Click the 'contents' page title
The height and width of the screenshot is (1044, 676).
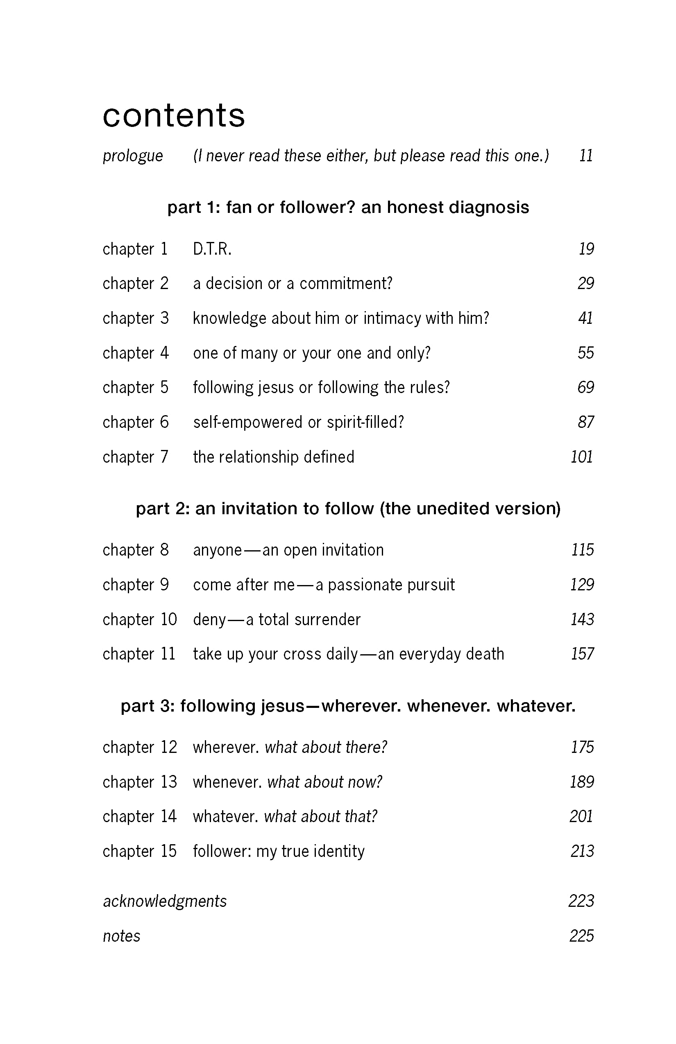[173, 116]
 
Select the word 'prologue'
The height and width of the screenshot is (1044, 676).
[133, 156]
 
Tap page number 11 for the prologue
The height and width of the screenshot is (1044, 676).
[586, 156]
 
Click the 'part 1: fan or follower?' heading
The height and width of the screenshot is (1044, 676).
[348, 208]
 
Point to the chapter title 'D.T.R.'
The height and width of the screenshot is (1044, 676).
[212, 249]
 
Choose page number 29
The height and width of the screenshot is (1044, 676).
[585, 284]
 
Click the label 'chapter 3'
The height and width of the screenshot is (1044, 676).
[135, 319]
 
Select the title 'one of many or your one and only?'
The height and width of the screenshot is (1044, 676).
[312, 353]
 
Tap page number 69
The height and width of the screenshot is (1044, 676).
[585, 388]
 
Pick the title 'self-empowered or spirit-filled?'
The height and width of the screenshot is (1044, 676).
[299, 423]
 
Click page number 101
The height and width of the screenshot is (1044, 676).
[582, 457]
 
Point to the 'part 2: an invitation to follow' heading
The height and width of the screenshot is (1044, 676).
[348, 509]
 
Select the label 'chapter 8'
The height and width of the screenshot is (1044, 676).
[135, 550]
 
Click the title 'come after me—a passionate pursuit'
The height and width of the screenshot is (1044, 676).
[324, 585]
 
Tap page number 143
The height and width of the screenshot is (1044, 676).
[582, 620]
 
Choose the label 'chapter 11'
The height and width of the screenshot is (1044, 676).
[139, 654]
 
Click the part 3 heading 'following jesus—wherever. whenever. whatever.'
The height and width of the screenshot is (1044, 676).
[348, 706]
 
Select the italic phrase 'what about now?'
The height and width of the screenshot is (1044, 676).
[325, 782]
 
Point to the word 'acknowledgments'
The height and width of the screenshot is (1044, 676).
[165, 902]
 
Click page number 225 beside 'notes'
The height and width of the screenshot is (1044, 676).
[582, 936]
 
